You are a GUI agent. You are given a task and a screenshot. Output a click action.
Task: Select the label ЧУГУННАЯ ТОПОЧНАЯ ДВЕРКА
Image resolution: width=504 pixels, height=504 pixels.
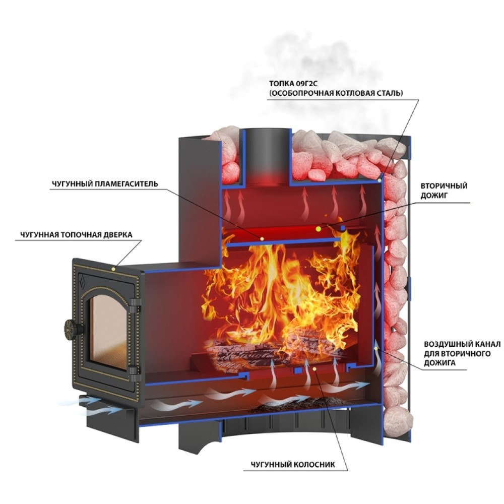[76, 235]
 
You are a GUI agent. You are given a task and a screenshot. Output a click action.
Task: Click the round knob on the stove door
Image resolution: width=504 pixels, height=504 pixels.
[70, 328]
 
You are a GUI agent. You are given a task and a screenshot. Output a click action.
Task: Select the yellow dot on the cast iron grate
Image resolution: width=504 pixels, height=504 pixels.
[314, 369]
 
